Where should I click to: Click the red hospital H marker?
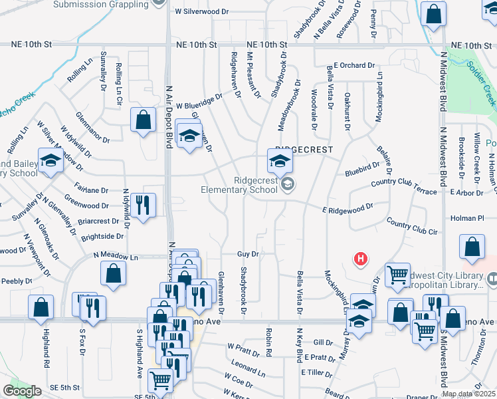point(360,259)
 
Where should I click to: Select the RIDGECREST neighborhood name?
point(304,150)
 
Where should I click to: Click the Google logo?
point(22,391)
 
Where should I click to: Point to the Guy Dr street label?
point(247,254)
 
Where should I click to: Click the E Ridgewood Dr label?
point(348,208)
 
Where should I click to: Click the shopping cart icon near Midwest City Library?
point(397,273)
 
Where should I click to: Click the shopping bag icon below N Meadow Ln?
point(114,272)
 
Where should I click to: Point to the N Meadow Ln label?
point(116,255)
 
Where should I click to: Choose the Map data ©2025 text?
point(468,394)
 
